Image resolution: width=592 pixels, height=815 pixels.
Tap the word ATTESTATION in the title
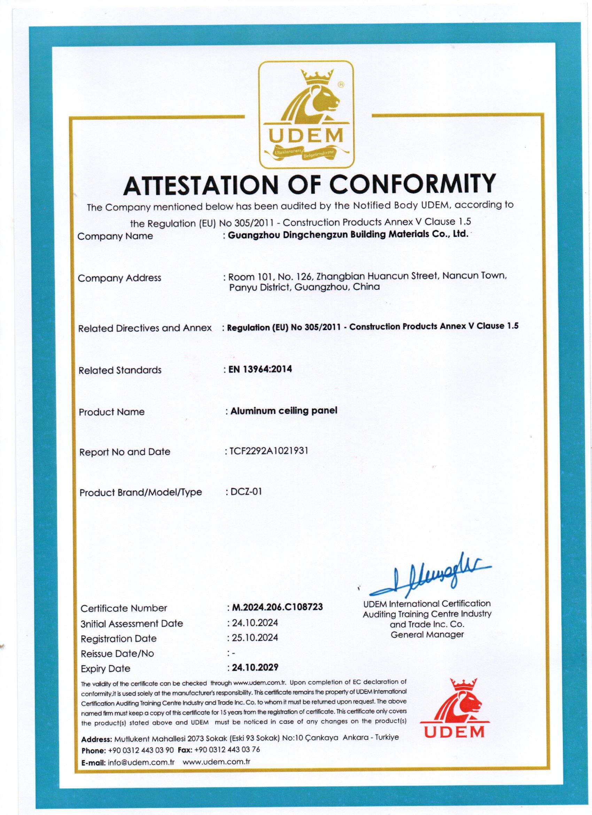[205, 184]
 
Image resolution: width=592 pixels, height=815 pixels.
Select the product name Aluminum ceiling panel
[284, 410]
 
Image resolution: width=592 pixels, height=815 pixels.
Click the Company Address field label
[119, 278]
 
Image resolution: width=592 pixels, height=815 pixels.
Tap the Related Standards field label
[120, 370]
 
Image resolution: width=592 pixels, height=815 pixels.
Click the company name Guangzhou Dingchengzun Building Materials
[336, 235]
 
